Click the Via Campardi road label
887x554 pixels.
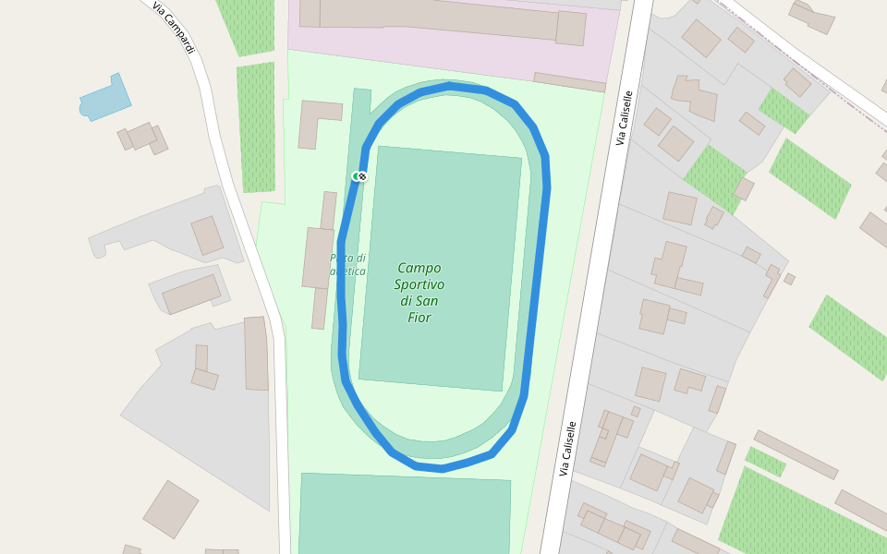tap(173, 28)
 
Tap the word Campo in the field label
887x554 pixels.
tap(419, 268)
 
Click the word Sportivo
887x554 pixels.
tap(419, 284)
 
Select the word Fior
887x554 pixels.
tap(419, 318)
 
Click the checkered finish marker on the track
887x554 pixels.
tap(362, 176)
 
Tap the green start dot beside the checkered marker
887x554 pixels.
tap(356, 176)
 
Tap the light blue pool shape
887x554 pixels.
tap(104, 98)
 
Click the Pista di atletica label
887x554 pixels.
tap(347, 264)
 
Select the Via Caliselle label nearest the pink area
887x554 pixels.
tap(624, 117)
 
